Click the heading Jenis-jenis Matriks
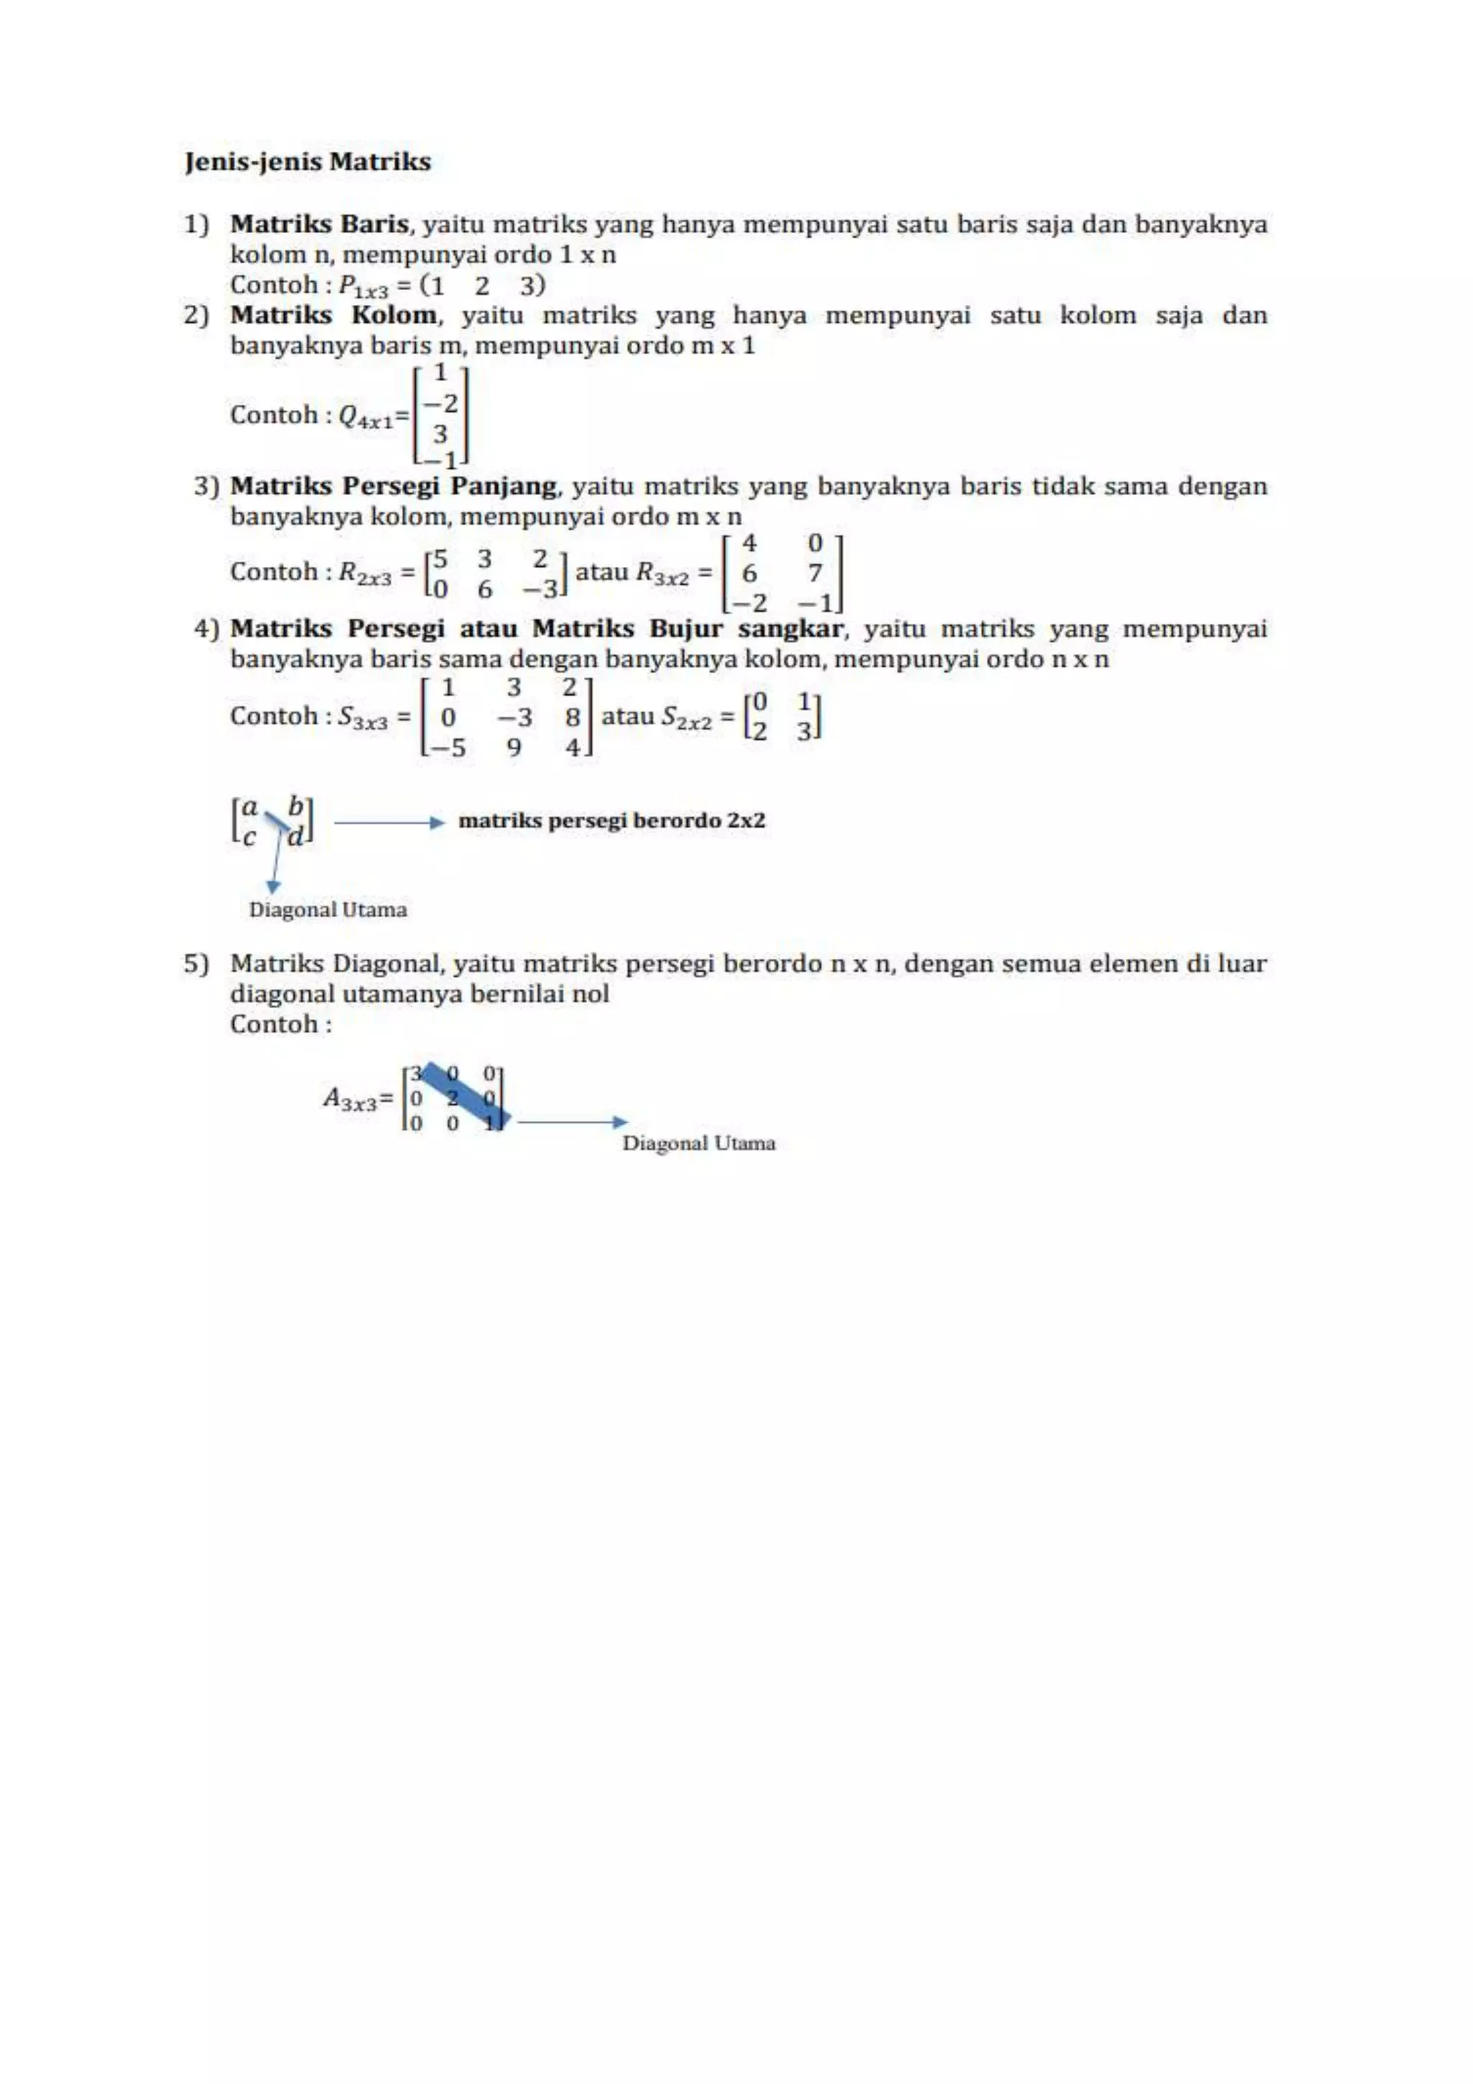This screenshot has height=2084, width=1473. tap(308, 162)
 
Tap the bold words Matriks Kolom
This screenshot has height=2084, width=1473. tap(333, 315)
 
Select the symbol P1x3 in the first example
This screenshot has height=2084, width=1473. tap(363, 287)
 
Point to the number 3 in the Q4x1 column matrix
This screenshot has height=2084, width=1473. tap(440, 434)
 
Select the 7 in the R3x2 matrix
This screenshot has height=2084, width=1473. tap(815, 573)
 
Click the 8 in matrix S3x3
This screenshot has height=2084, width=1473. tap(572, 718)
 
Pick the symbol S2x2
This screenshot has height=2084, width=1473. tap(686, 718)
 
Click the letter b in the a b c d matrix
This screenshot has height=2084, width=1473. tap(295, 806)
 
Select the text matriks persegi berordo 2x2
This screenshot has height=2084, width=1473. tap(611, 821)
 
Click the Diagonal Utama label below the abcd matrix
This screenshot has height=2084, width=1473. tap(328, 909)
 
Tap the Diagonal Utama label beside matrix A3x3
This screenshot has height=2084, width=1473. tap(699, 1143)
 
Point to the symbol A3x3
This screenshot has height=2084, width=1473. tap(350, 1099)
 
